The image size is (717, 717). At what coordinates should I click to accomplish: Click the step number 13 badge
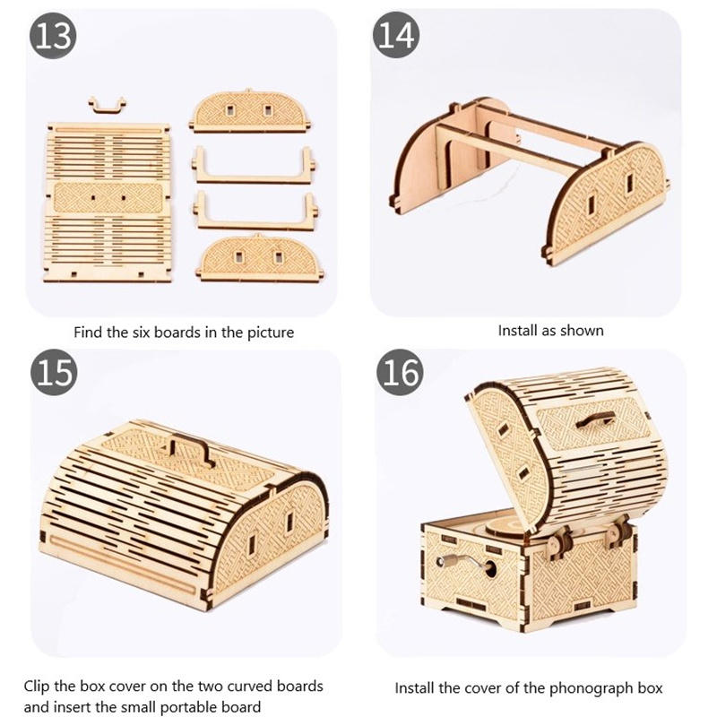53,36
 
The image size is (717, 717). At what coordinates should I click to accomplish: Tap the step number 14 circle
396,35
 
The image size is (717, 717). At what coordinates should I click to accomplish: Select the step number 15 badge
54,373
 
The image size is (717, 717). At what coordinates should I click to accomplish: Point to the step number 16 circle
400,372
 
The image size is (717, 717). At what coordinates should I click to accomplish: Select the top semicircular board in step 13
250,110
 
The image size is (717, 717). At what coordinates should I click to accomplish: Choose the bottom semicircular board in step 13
260,257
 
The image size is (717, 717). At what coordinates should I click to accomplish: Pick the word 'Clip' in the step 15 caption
37,687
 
